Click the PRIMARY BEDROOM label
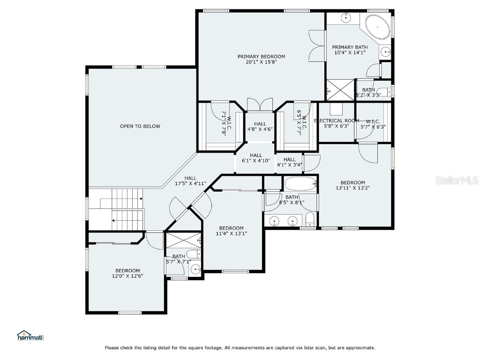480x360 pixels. point(261,56)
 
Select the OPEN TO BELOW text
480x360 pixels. point(140,126)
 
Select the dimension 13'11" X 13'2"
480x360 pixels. point(352,188)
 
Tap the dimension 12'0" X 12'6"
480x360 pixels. point(127,276)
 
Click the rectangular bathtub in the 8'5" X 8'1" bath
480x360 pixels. point(300,183)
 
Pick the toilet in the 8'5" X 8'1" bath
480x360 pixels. point(310,219)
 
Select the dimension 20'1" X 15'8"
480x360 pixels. point(261,62)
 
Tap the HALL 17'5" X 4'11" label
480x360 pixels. point(190,181)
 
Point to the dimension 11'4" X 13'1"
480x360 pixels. point(231,233)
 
